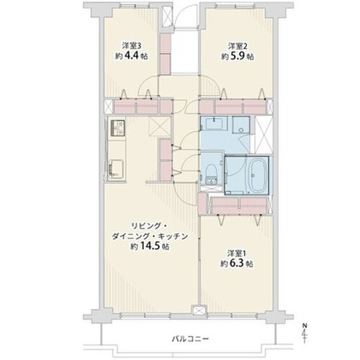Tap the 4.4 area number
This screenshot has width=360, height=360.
(131, 56)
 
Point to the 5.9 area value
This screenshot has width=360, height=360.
(238, 56)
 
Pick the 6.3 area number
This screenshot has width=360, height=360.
(237, 264)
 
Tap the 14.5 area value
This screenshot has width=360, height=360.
(150, 246)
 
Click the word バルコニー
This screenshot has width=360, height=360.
(191, 339)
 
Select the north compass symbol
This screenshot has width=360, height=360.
(305, 333)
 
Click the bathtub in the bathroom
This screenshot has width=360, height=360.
(257, 175)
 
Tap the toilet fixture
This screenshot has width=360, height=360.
(212, 174)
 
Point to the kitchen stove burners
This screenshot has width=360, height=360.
(117, 128)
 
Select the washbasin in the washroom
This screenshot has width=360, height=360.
(214, 124)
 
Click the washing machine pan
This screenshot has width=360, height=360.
(241, 125)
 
